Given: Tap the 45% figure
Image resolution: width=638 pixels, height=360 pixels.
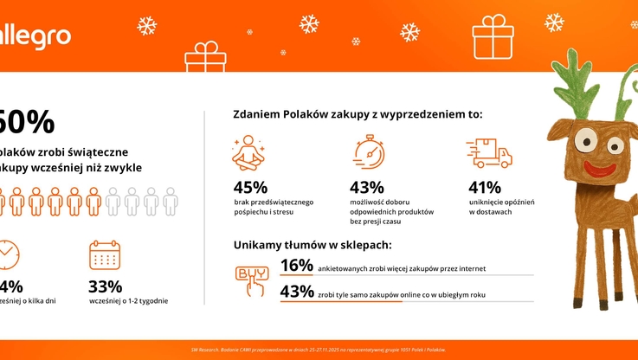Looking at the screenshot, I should click(x=250, y=187).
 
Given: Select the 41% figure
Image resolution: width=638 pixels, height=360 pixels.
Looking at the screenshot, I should click(x=485, y=187).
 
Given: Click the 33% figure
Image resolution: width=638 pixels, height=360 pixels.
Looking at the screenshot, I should click(x=106, y=286).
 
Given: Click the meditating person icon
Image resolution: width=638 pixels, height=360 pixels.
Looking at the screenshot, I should click(x=247, y=151).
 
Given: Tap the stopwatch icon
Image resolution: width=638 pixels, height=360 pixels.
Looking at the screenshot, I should click(x=368, y=151).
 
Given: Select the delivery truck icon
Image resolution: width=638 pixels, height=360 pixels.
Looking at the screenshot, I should click(x=489, y=152).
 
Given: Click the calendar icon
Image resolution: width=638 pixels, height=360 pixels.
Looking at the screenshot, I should click(x=105, y=254).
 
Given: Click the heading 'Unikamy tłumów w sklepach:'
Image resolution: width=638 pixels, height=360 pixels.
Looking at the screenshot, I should click(x=312, y=245).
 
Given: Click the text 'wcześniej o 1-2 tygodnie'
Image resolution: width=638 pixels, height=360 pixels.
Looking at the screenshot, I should click(x=128, y=301).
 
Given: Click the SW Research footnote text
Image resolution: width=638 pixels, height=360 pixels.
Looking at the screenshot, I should click(x=319, y=350).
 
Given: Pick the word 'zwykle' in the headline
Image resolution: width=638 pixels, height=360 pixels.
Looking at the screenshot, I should click(x=120, y=167).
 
